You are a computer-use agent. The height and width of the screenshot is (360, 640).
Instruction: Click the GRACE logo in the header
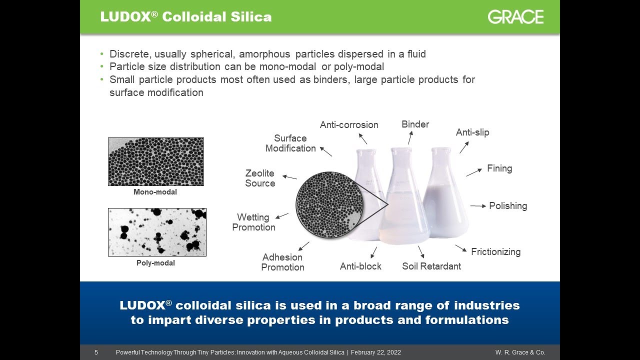[x=515, y=17]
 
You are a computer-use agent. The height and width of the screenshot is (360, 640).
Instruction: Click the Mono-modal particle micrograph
[x=156, y=161]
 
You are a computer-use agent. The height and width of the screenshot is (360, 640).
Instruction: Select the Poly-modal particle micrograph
[x=157, y=232]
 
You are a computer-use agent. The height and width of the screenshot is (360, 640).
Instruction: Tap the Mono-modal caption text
[x=155, y=192]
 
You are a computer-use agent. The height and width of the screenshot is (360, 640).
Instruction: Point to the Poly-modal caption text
[x=155, y=263]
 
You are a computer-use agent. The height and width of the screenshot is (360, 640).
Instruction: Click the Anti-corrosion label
[x=349, y=125]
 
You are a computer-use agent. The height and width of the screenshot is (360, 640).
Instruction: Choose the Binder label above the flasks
[x=415, y=124]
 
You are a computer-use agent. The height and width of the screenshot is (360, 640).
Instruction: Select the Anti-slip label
[x=472, y=132]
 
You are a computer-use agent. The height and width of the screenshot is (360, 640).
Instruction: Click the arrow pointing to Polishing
[x=477, y=206]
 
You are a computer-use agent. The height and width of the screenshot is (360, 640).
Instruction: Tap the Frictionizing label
[x=495, y=252]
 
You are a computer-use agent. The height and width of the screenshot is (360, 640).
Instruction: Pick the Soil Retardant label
[x=431, y=266]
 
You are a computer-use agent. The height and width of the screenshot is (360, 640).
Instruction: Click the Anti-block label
[x=360, y=266]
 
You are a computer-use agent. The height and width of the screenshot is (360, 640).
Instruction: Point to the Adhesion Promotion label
[x=282, y=262]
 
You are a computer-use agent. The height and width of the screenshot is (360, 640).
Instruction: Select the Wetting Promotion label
[x=253, y=222]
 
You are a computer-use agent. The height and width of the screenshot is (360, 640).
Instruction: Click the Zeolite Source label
[x=260, y=178]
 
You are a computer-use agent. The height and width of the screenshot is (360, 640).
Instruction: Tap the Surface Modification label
[x=290, y=143]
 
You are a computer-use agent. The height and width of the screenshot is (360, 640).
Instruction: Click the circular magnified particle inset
[x=328, y=204]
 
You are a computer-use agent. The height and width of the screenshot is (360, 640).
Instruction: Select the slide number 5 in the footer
[x=96, y=352]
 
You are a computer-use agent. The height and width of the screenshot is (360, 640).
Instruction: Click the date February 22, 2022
[x=376, y=352]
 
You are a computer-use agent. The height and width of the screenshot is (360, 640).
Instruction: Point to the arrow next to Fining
[x=474, y=172]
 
